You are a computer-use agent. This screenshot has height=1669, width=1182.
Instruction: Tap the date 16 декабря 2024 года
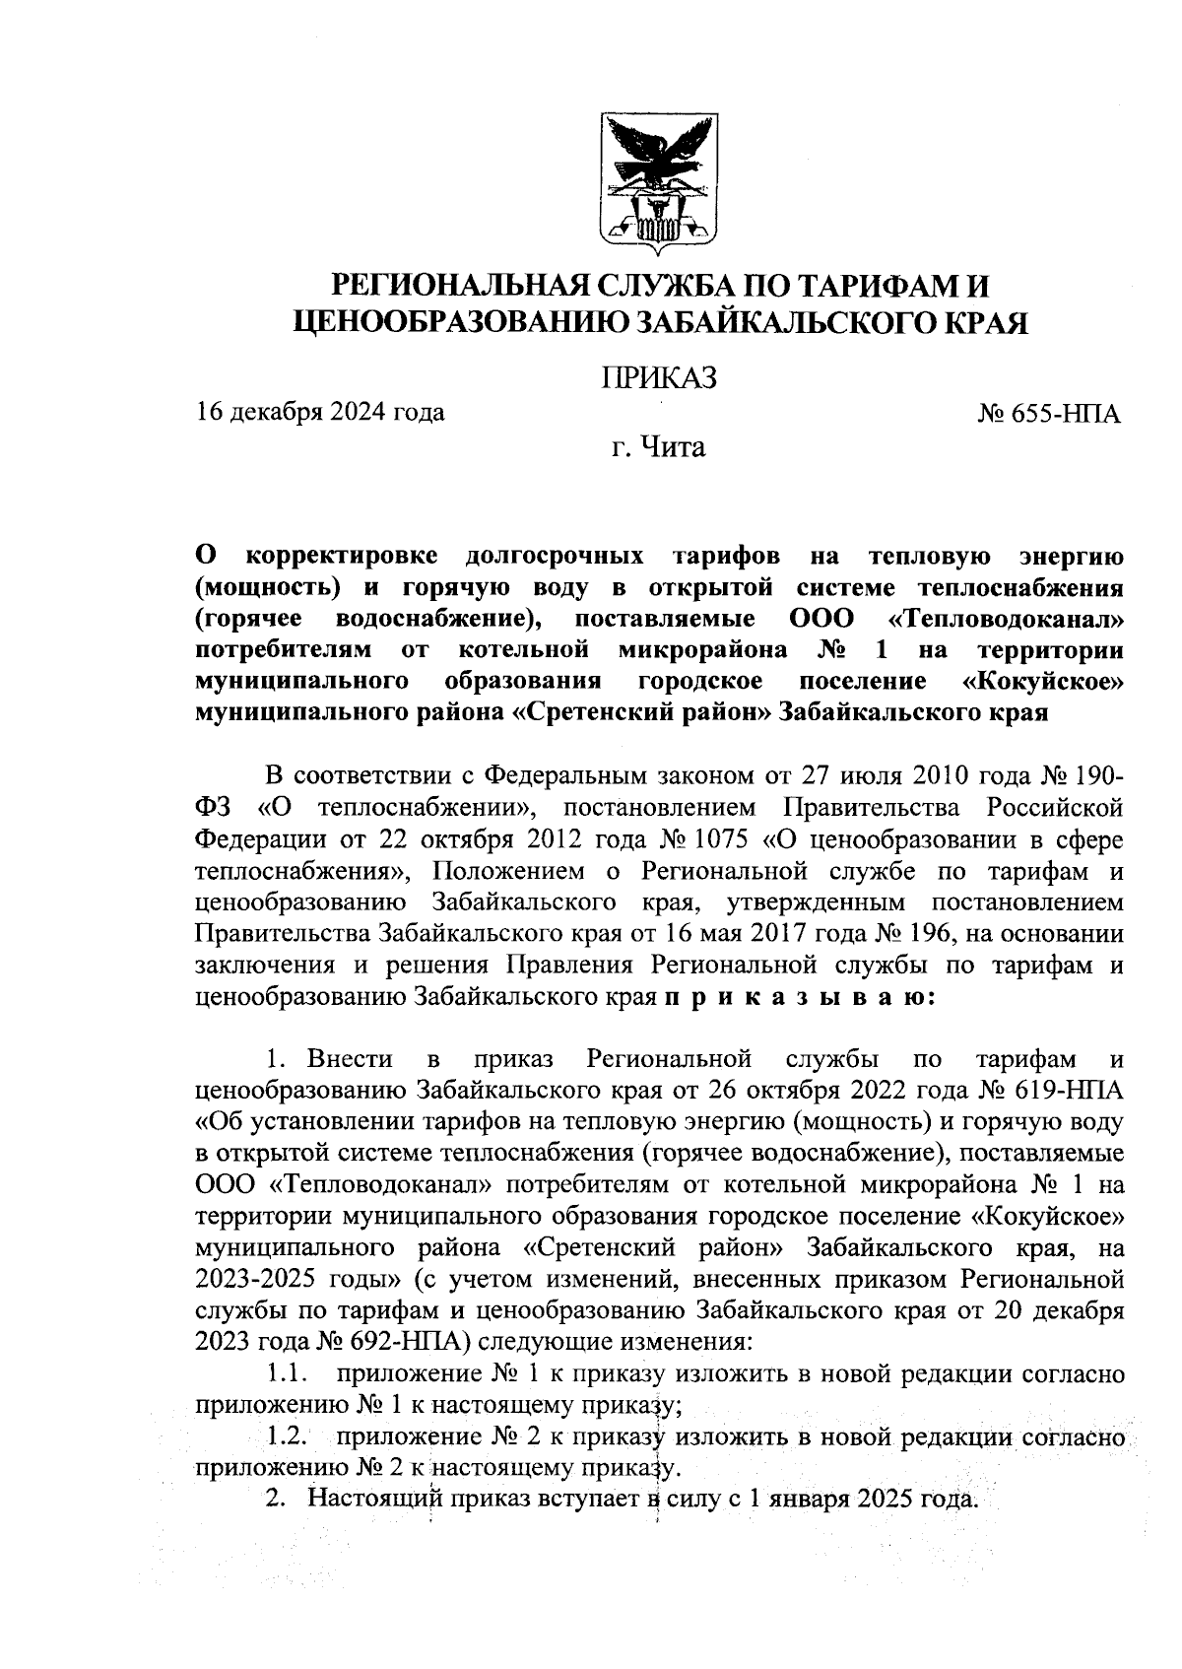321,412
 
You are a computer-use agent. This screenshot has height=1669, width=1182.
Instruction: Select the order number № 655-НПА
1050,414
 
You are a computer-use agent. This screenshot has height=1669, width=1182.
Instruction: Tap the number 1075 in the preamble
717,839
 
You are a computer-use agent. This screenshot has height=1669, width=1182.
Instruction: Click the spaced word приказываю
800,997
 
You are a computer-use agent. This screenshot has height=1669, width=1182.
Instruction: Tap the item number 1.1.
290,1373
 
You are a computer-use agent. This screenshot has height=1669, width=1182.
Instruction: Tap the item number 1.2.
290,1437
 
